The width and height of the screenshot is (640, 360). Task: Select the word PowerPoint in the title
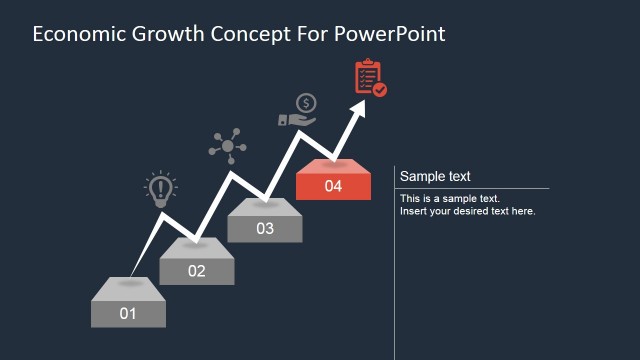click(x=389, y=34)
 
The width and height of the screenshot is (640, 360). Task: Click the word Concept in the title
click(x=247, y=34)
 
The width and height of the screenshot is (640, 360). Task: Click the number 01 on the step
click(x=128, y=314)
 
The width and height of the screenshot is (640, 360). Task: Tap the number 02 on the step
click(x=196, y=271)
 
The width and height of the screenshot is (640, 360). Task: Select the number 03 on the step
click(x=264, y=229)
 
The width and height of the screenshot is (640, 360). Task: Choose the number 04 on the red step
click(x=333, y=186)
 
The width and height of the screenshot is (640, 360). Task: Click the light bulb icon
click(x=160, y=190)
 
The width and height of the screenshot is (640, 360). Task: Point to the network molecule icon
click(x=227, y=146)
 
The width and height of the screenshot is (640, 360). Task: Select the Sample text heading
click(x=435, y=177)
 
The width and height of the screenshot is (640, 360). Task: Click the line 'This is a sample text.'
click(x=450, y=199)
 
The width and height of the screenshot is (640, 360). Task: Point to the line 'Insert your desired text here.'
click(x=468, y=211)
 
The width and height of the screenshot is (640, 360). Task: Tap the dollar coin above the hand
click(x=306, y=102)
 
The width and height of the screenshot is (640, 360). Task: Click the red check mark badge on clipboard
click(x=380, y=90)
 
